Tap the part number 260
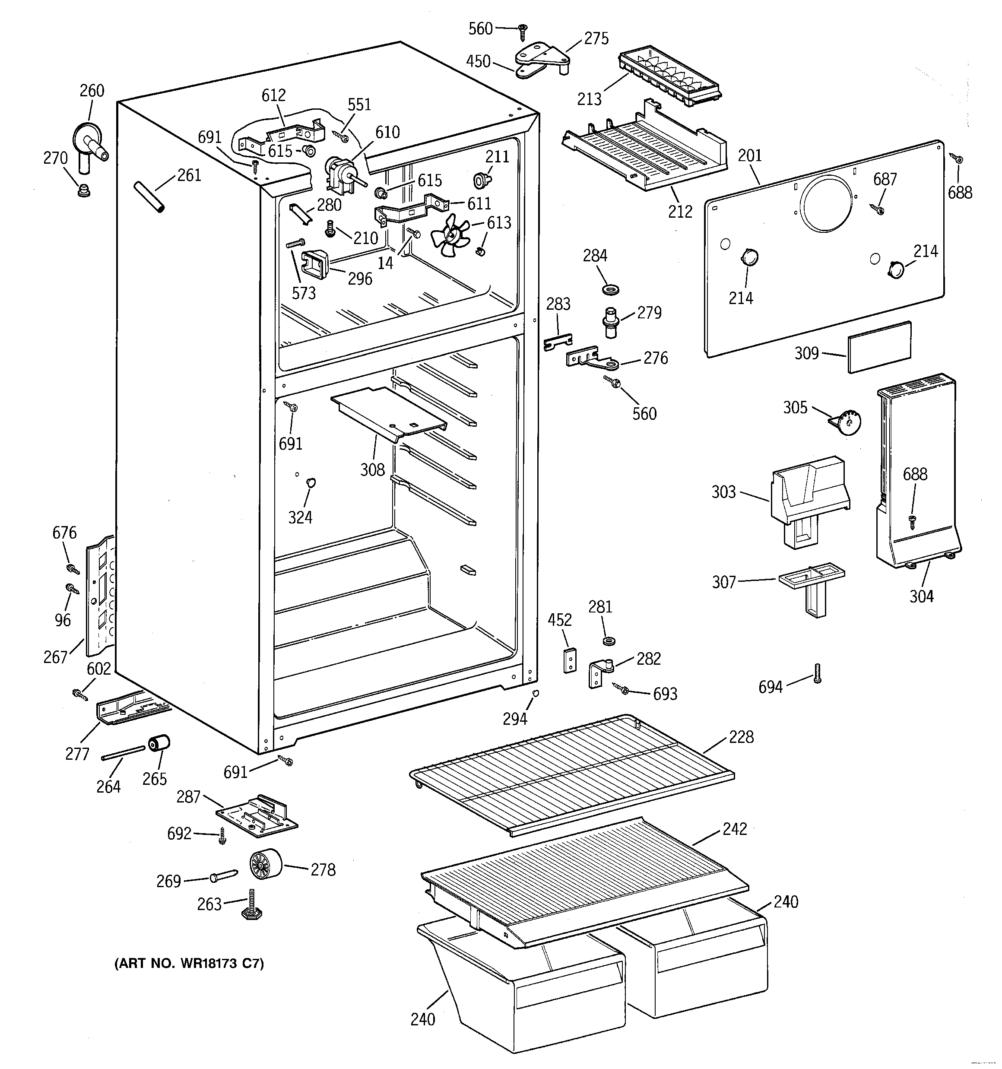click(92, 91)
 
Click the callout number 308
click(372, 469)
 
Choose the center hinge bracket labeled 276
click(592, 358)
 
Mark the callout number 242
click(734, 828)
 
